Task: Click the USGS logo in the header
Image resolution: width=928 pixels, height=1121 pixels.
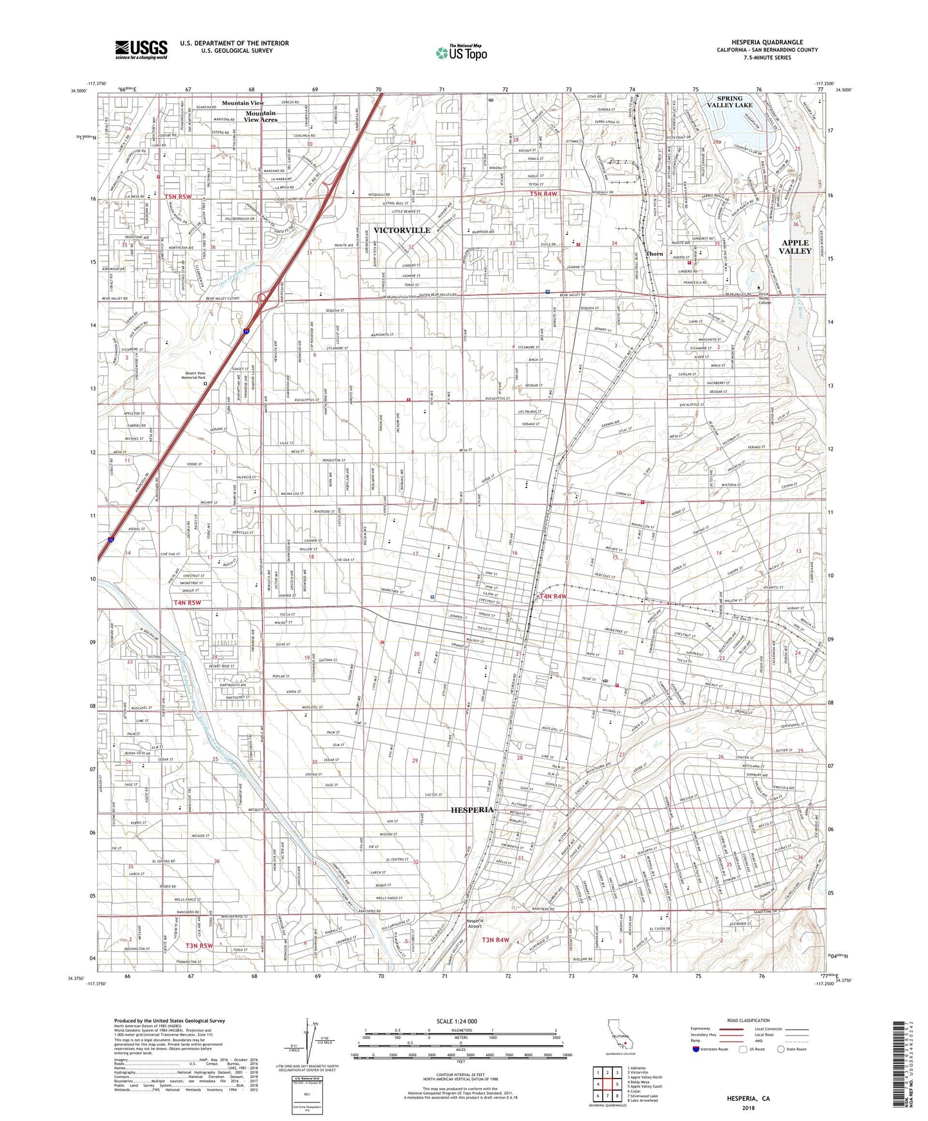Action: tap(141, 49)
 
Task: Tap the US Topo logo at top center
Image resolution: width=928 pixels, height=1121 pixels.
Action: tap(461, 53)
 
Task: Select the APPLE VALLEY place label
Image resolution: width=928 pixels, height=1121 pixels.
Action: tap(794, 247)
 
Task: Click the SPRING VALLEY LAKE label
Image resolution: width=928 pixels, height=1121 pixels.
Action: tap(730, 101)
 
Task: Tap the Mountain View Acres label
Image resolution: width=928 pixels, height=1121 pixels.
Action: tap(261, 116)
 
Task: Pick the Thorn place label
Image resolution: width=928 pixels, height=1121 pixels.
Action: tap(654, 254)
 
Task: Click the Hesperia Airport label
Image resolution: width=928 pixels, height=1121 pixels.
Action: tap(473, 923)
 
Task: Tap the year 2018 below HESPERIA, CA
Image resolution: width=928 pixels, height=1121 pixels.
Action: tap(748, 1108)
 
